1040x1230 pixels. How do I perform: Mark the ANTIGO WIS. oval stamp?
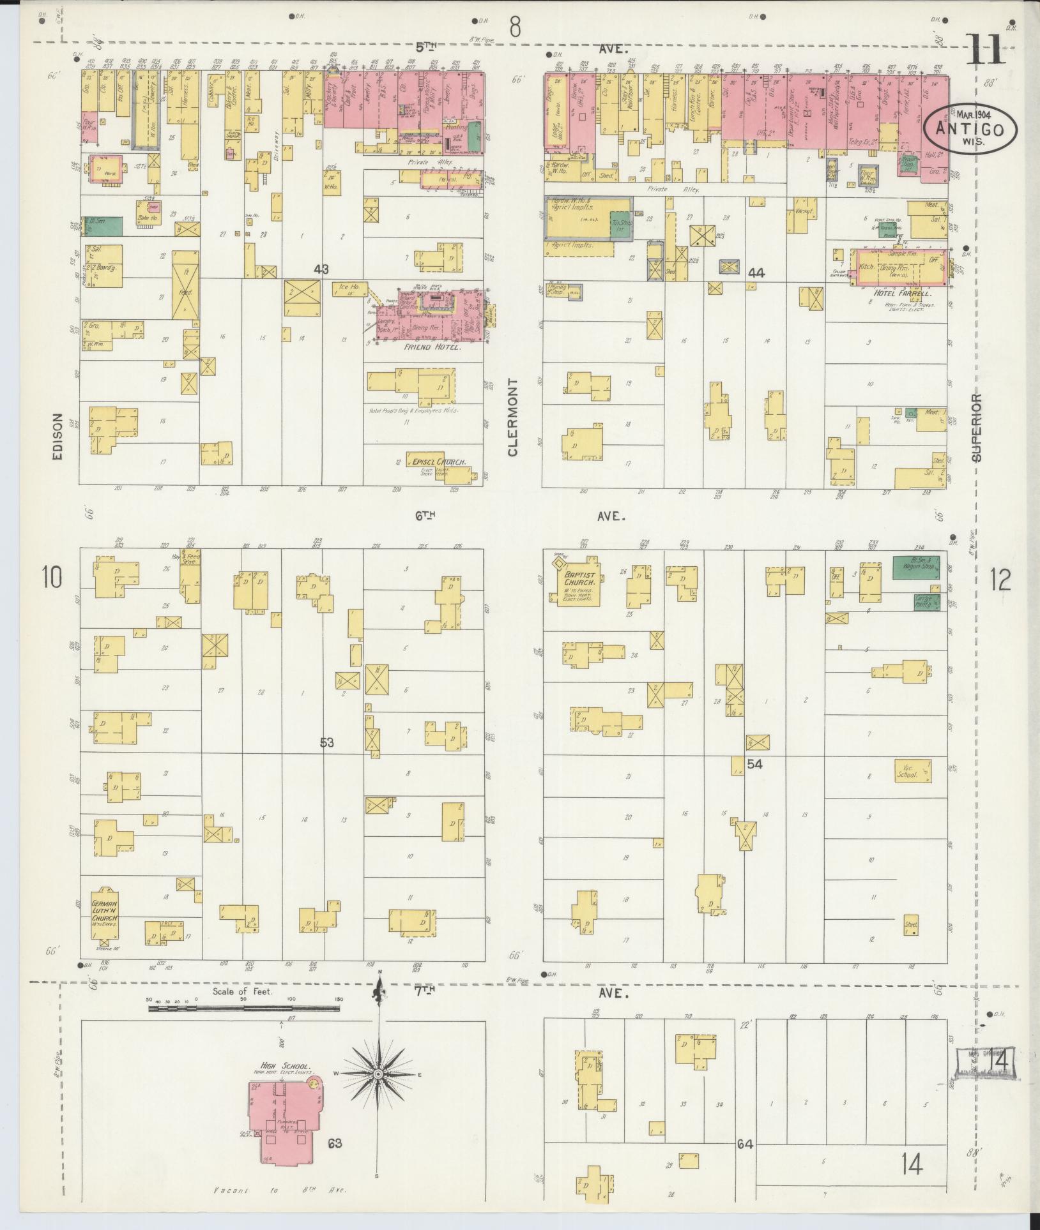[x=970, y=128]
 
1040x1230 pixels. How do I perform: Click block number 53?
[x=328, y=742]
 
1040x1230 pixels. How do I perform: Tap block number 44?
[x=756, y=273]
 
